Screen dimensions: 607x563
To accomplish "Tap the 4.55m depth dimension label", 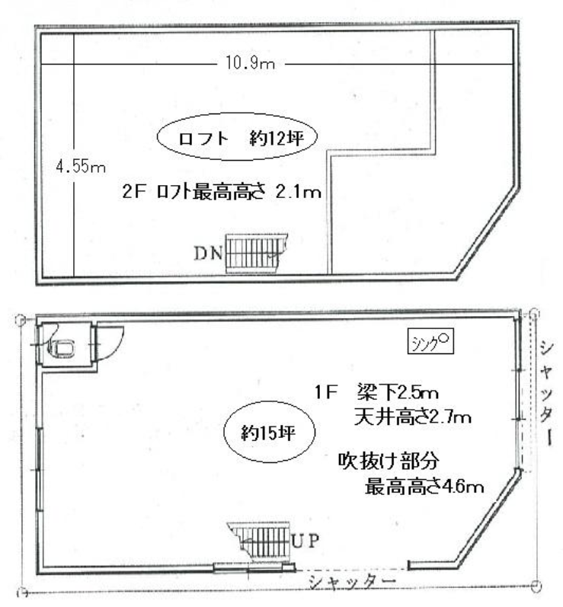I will point(80,168).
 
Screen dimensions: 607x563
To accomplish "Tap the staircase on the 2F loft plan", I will point(255,251).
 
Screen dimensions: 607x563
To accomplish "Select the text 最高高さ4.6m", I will point(425,485).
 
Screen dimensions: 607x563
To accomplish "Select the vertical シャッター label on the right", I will point(545,396).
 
